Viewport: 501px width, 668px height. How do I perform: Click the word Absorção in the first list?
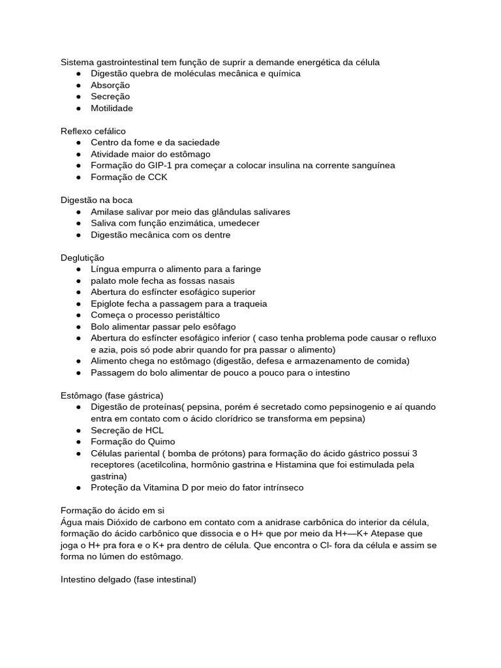pyautogui.click(x=110, y=85)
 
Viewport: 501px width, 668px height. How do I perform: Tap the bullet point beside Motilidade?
pyautogui.click(x=78, y=108)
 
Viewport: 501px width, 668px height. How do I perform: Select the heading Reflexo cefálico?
pyautogui.click(x=93, y=131)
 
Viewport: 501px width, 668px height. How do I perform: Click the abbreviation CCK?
pyautogui.click(x=157, y=177)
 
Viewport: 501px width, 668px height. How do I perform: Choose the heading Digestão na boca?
pyautogui.click(x=97, y=200)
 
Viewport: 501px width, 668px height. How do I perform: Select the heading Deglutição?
pyautogui.click(x=82, y=258)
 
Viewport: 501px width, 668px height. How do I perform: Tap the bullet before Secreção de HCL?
pyautogui.click(x=78, y=431)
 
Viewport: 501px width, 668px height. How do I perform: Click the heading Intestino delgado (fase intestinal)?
pyautogui.click(x=129, y=579)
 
